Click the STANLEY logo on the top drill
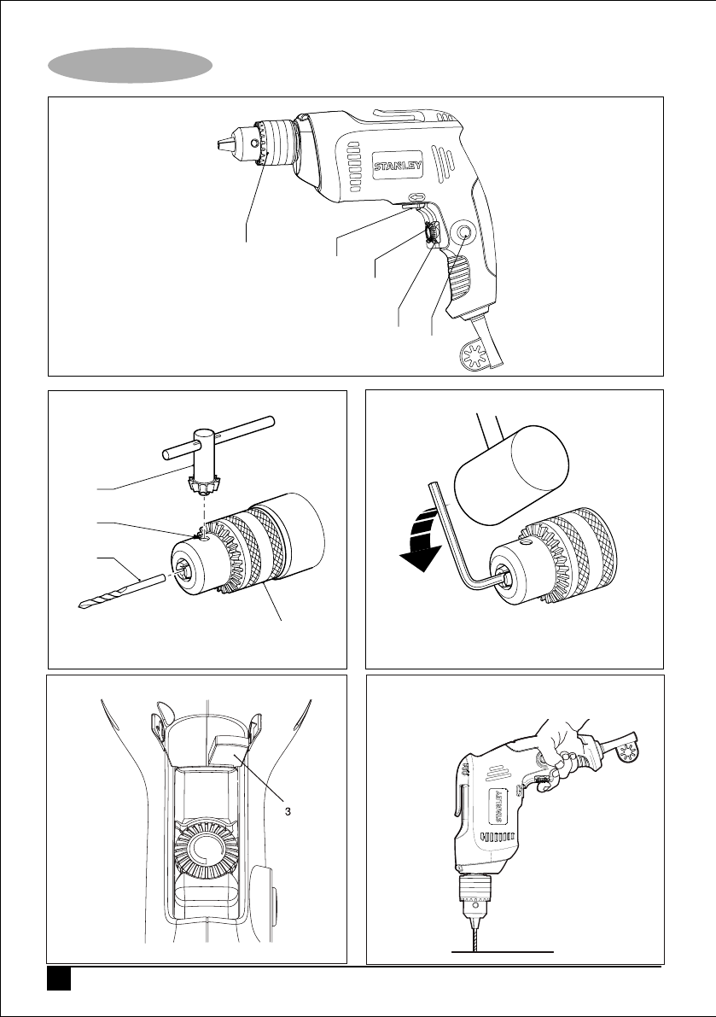click(398, 165)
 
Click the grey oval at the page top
click(131, 65)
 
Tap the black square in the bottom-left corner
click(58, 979)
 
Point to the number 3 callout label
click(288, 810)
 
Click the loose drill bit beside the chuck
click(120, 591)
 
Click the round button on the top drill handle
click(465, 233)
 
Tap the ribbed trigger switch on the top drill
click(461, 277)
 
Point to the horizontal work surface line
click(503, 952)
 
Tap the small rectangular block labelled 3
click(229, 751)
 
